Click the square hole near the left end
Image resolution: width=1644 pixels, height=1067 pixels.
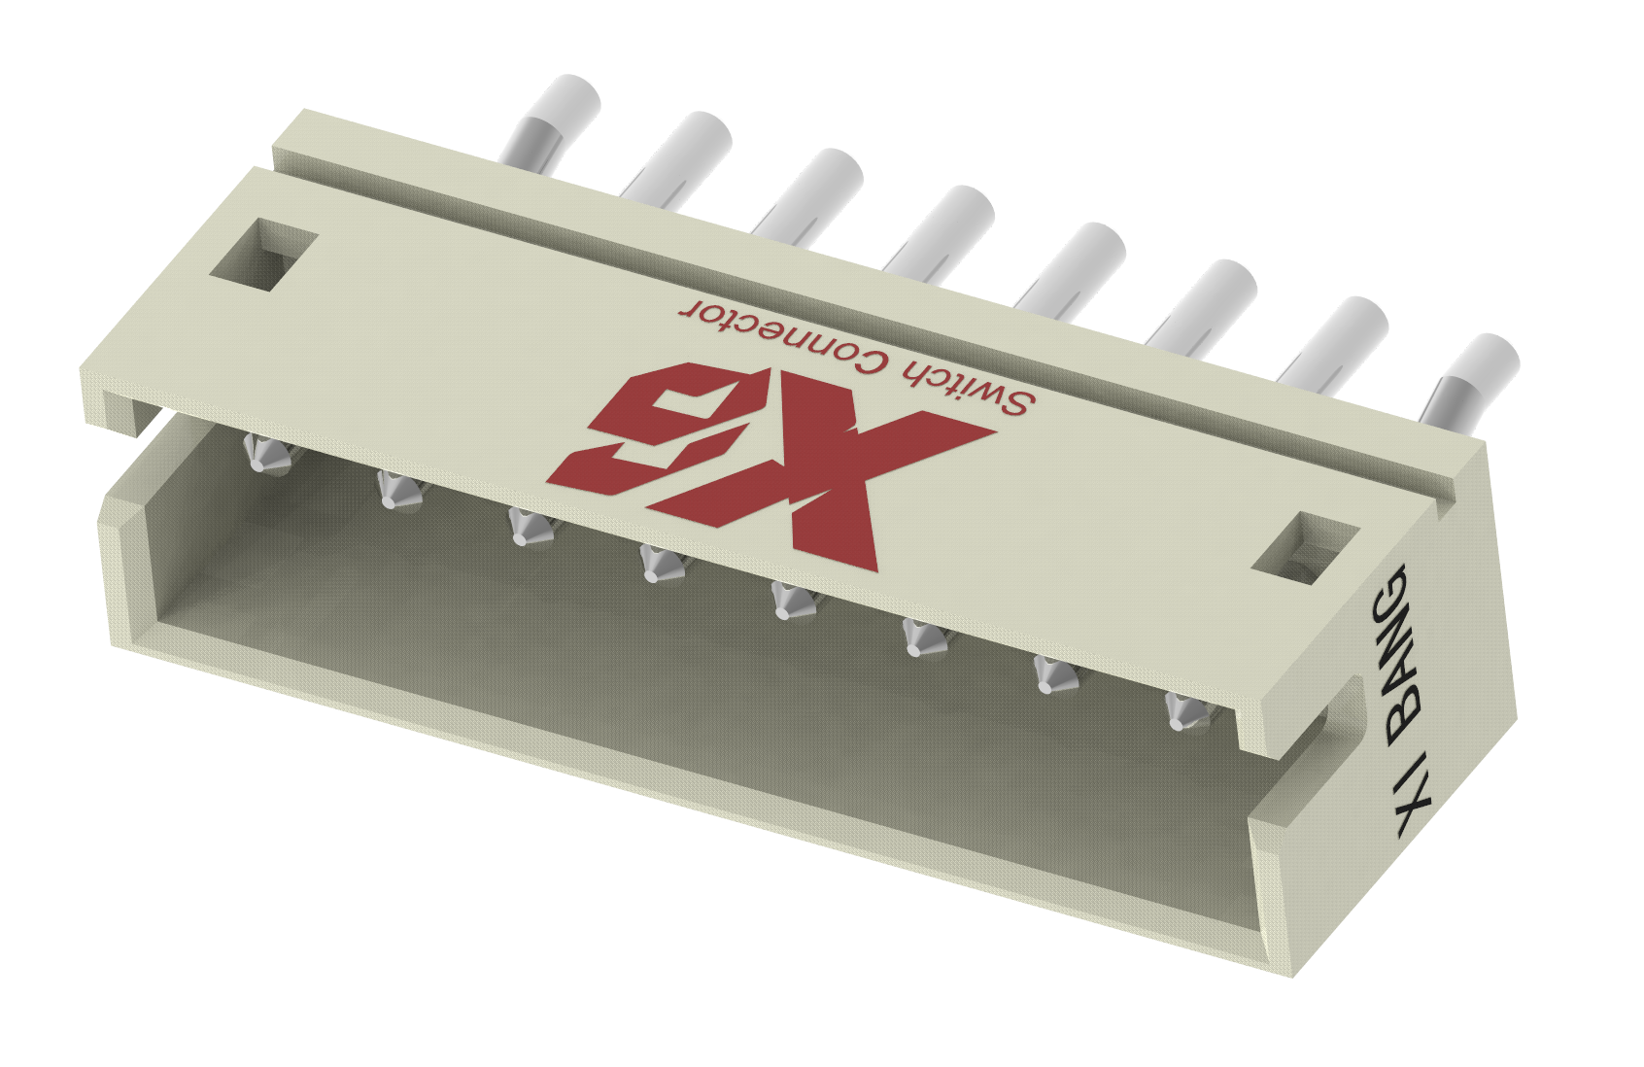point(264,255)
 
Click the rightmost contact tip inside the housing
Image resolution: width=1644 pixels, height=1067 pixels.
point(1183,712)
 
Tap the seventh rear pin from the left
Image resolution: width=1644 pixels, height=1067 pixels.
point(1336,340)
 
